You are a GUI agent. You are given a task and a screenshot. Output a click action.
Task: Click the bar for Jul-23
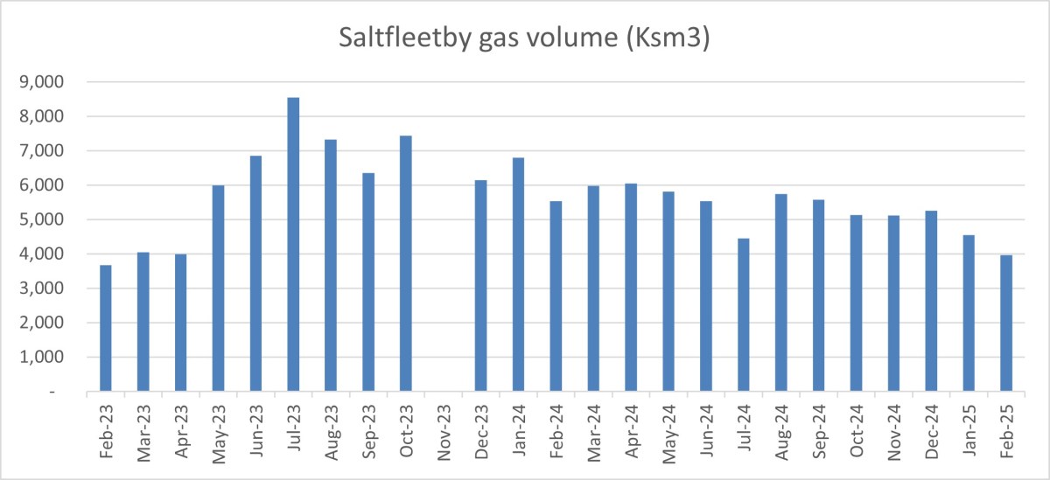(293, 245)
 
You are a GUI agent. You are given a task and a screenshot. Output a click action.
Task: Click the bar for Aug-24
(781, 293)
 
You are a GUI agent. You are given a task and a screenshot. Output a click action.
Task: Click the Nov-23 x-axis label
(444, 429)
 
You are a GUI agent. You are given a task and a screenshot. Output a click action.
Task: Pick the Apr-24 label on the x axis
(632, 429)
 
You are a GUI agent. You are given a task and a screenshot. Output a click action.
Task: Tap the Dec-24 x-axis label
(931, 429)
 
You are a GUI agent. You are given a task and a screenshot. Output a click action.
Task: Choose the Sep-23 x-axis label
(369, 429)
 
